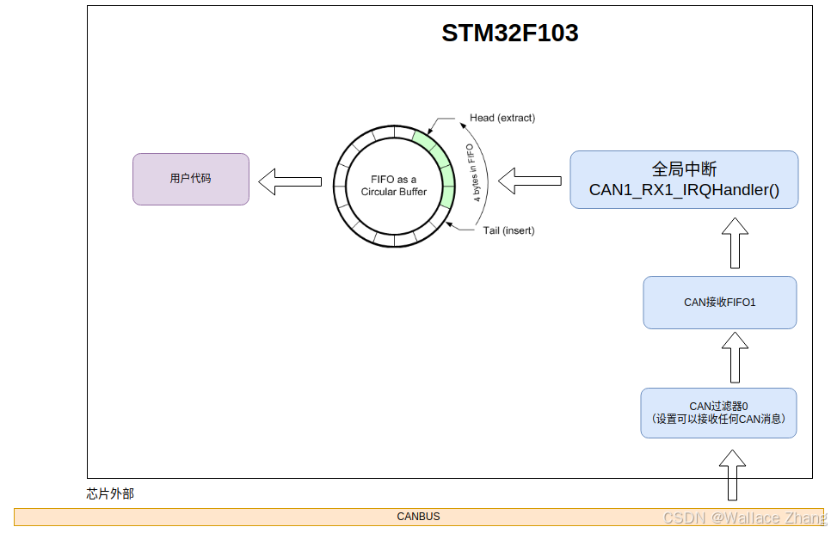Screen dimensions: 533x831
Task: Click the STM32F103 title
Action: coord(509,34)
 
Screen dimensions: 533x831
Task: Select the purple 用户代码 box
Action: coord(191,179)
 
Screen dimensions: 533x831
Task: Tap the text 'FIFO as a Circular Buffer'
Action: coord(393,186)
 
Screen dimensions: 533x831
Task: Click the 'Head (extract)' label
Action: coord(502,118)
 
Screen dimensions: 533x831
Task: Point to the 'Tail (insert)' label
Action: coord(508,230)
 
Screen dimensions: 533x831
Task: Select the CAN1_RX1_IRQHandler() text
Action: coord(684,190)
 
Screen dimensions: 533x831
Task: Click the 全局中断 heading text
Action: coord(684,168)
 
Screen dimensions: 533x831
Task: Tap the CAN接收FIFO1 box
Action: coord(719,303)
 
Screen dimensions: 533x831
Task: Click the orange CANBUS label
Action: coord(418,517)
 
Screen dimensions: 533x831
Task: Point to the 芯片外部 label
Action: coord(110,493)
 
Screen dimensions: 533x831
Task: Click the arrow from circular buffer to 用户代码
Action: coord(290,181)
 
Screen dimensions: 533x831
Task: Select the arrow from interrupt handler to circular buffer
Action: coord(530,181)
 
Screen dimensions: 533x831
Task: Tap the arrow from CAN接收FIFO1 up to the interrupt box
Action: coord(734,243)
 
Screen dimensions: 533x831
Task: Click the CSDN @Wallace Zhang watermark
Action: coord(745,518)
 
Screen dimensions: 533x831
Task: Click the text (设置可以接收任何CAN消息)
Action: coord(718,420)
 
